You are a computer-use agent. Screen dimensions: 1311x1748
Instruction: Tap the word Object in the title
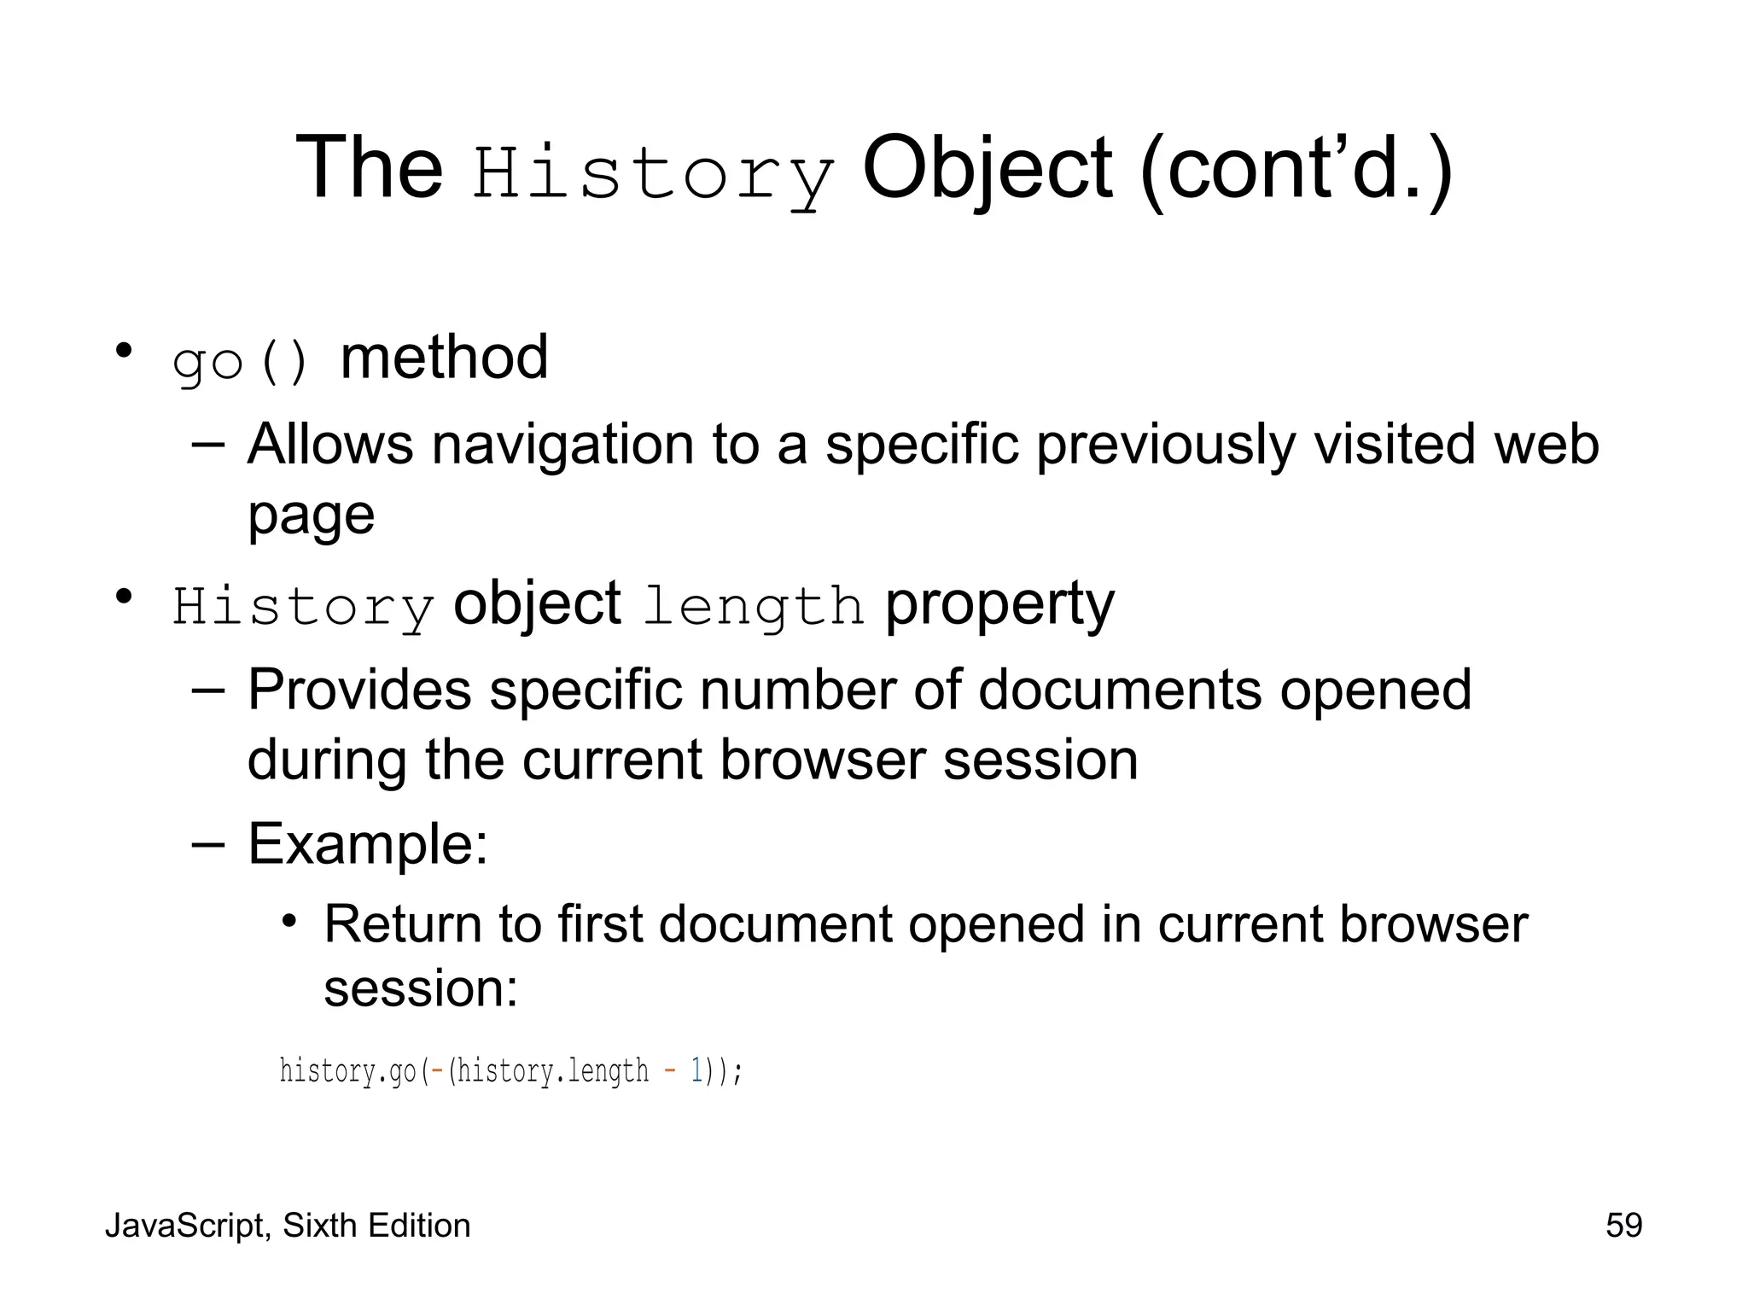[x=987, y=168]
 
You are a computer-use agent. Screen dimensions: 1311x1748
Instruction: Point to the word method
[x=444, y=358]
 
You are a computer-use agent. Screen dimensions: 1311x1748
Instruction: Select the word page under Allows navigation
[x=311, y=516]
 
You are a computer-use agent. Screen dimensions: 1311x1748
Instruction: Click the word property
[x=999, y=605]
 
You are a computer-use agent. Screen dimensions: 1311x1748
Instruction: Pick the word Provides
[x=359, y=690]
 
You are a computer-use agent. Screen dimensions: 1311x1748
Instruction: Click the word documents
[x=1119, y=690]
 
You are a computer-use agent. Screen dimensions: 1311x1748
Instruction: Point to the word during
[x=327, y=760]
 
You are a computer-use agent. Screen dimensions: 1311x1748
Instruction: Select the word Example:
[x=368, y=844]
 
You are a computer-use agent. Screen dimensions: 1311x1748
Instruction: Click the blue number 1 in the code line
[x=696, y=1070]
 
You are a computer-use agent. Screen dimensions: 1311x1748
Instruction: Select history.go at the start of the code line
[x=348, y=1070]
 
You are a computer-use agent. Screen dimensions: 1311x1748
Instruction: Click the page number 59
[x=1623, y=1226]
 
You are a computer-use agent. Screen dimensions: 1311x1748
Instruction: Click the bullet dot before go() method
[x=125, y=351]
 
